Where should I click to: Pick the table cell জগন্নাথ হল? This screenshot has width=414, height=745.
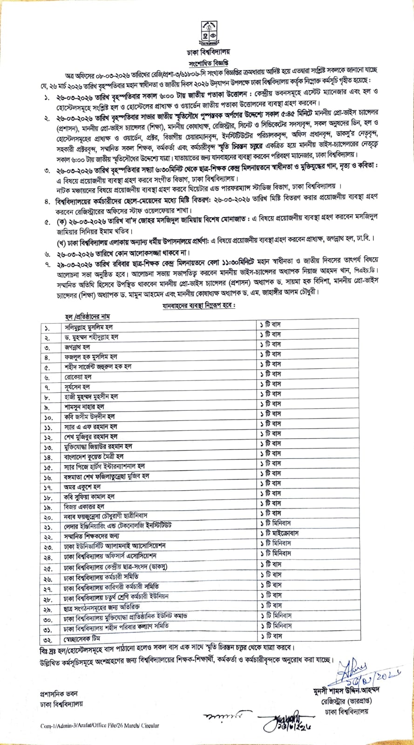pos(77,347)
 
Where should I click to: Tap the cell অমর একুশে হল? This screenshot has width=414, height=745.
pos(79,487)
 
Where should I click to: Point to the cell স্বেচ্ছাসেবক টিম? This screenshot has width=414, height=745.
pos(83,636)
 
